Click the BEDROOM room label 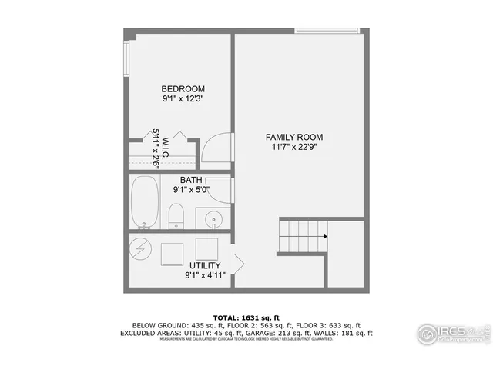(183, 88)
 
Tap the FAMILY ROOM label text (294, 137)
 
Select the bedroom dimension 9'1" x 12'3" (183, 98)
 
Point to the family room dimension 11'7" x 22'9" (294, 147)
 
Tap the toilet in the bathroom (176, 215)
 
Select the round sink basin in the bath (213, 218)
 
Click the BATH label (192, 181)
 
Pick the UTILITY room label (204, 265)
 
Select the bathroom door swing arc (220, 188)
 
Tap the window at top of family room (327, 31)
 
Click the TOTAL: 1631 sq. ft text (246, 316)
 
